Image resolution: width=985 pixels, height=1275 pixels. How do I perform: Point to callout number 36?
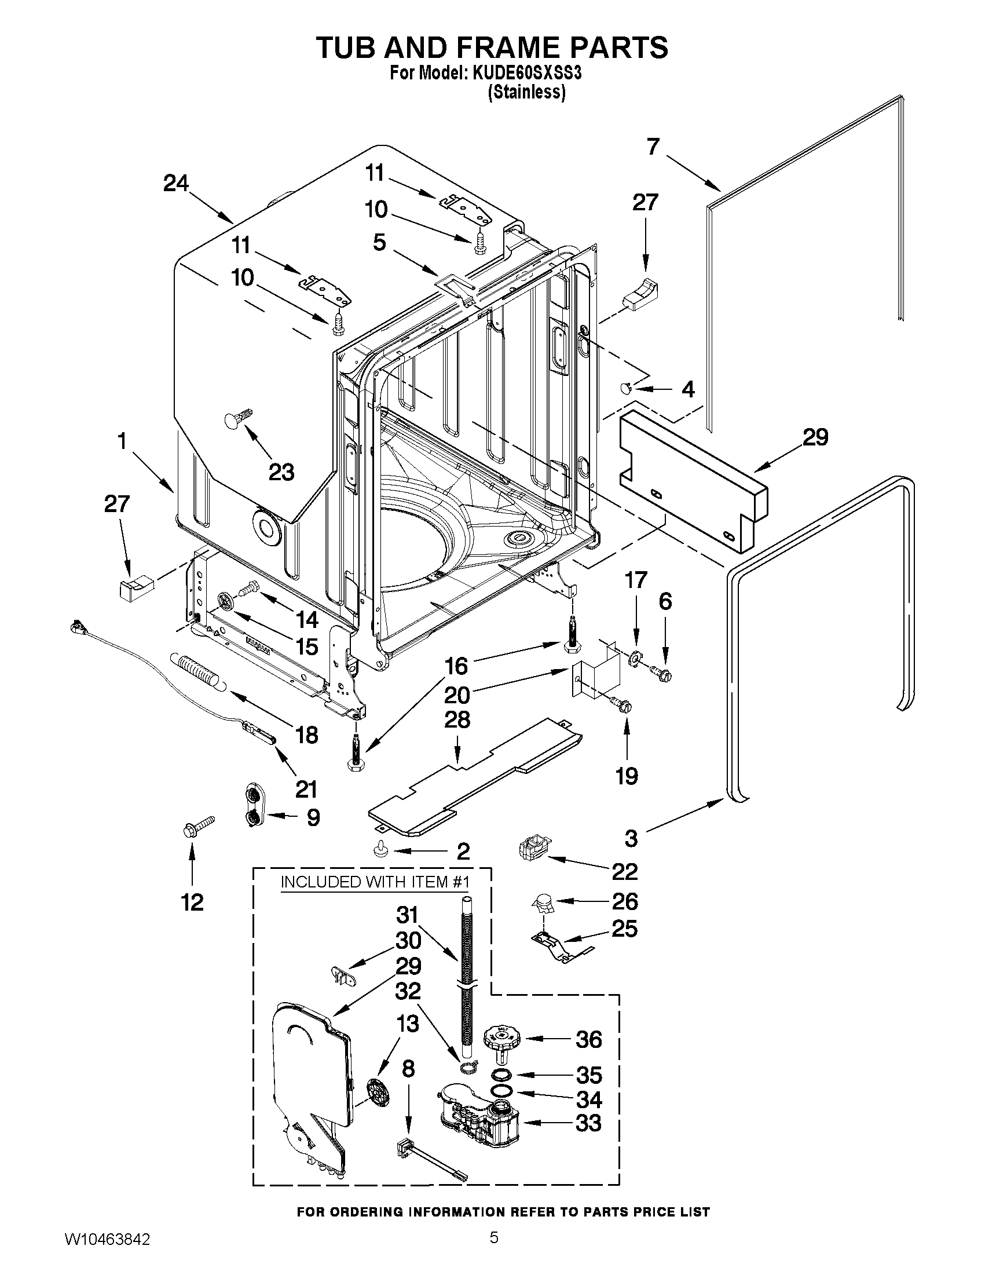[588, 1039]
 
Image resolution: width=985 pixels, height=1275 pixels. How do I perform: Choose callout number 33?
[588, 1123]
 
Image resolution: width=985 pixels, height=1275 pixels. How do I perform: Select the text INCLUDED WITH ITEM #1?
[375, 882]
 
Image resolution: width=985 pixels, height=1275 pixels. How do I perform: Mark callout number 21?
[306, 789]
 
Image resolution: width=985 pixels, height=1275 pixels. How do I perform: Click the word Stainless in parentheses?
[527, 92]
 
